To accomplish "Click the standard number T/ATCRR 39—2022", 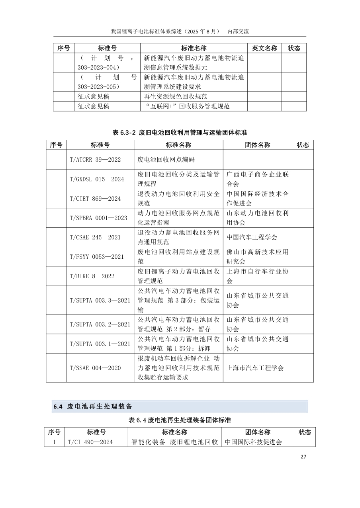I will click(x=95, y=160).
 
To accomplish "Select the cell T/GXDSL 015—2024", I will click(x=97, y=179).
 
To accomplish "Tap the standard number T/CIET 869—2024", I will click(x=95, y=199).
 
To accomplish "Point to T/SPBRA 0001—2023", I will click(x=98, y=218).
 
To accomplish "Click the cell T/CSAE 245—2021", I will click(x=95, y=237).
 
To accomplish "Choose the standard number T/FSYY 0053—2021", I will click(x=97, y=257).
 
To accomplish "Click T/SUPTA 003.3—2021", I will click(x=100, y=300).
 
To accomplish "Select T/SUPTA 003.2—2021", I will click(x=100, y=324).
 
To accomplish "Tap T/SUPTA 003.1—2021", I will click(x=100, y=344).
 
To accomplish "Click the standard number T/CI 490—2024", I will click(x=90, y=442).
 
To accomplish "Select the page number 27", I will click(x=303, y=457).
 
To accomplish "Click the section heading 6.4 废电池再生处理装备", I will click(x=92, y=406).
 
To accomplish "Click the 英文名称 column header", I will click(x=264, y=48).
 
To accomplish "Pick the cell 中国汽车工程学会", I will click(x=252, y=237).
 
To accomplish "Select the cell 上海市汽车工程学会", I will click(x=255, y=368).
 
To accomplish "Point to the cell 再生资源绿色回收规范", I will click(x=176, y=96).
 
